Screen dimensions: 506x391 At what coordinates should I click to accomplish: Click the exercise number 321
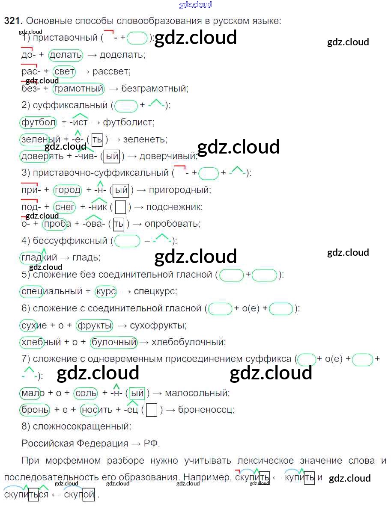12,21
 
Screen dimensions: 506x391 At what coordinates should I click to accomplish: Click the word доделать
123,55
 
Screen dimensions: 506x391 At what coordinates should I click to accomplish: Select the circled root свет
65,71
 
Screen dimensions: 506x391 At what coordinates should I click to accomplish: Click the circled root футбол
38,122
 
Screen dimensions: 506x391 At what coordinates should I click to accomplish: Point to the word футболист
128,122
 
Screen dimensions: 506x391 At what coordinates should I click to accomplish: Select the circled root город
67,190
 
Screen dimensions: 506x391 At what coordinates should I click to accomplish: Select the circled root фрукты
94,325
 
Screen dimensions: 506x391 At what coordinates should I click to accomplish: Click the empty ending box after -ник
121,207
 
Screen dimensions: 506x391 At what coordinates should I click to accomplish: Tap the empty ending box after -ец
151,410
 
